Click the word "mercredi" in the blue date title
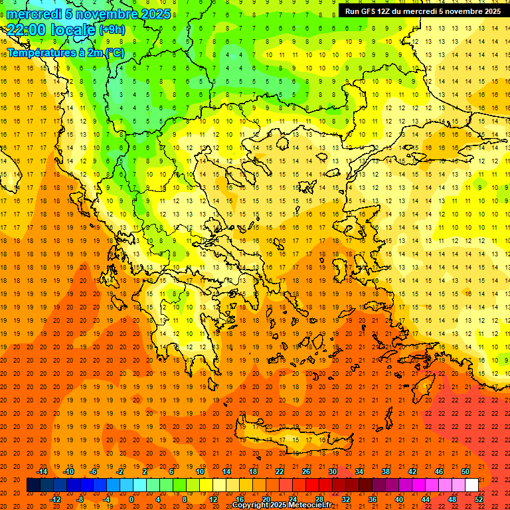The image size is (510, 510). [x=34, y=14]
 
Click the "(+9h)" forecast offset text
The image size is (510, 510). [x=112, y=30]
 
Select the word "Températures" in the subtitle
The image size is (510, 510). [x=41, y=52]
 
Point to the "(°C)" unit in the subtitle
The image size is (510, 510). [x=112, y=52]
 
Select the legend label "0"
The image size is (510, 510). [x=131, y=499]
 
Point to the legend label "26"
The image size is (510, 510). [x=306, y=471]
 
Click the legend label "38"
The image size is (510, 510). [x=386, y=471]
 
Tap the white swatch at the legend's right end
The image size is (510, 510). [x=472, y=485]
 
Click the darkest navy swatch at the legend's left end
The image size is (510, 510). [x=33, y=485]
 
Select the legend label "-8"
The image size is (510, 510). [x=80, y=499]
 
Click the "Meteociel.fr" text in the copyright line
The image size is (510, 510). [x=309, y=505]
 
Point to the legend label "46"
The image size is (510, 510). [x=439, y=471]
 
